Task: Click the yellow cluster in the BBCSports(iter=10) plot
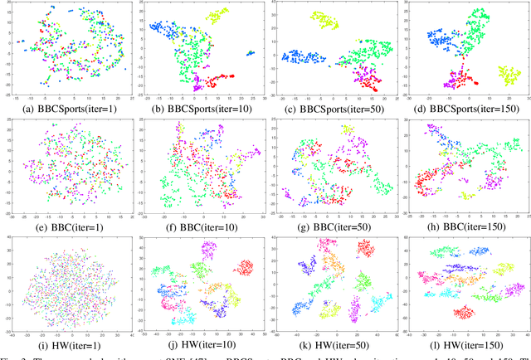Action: coord(217,15)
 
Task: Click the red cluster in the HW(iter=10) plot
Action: coord(246,268)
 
